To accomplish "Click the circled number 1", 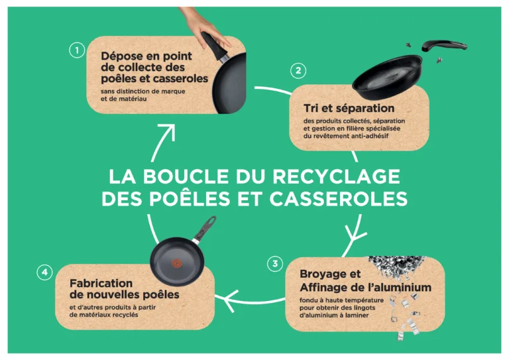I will [77, 50].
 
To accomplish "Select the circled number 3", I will [276, 264].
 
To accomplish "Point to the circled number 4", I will [44, 272].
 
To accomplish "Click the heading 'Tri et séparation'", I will [349, 108].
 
